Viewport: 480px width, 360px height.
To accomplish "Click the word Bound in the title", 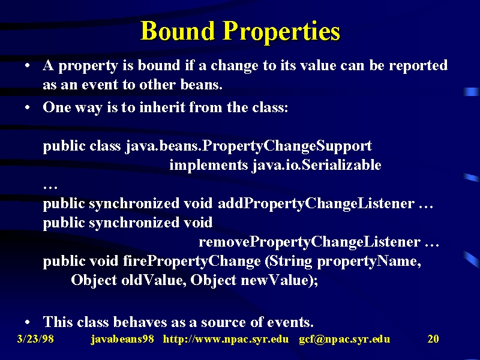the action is pyautogui.click(x=178, y=31).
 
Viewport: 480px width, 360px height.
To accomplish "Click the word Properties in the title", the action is pyautogui.click(x=281, y=32).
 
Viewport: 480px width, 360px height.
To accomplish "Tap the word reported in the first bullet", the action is pyautogui.click(x=418, y=66).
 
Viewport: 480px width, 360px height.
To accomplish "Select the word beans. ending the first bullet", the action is pyautogui.click(x=201, y=85).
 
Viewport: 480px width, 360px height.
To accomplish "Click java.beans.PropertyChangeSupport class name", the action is pyautogui.click(x=248, y=146).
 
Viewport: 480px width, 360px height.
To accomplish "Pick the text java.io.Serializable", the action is pyautogui.click(x=317, y=166).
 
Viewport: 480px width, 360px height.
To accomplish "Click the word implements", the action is pyautogui.click(x=208, y=166).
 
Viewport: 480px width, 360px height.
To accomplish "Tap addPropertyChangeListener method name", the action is pyautogui.click(x=316, y=204).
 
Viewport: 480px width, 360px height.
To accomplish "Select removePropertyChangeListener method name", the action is pyautogui.click(x=310, y=242).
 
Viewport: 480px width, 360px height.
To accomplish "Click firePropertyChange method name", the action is pyautogui.click(x=191, y=262).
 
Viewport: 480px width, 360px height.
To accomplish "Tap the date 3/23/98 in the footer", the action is pyautogui.click(x=35, y=339).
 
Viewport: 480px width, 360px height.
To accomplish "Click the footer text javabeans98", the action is pyautogui.click(x=122, y=339).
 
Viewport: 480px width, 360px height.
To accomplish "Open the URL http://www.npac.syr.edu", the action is pyautogui.click(x=226, y=339).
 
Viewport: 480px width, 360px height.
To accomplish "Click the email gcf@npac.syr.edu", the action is pyautogui.click(x=344, y=340).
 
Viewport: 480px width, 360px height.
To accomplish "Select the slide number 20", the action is pyautogui.click(x=433, y=339).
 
